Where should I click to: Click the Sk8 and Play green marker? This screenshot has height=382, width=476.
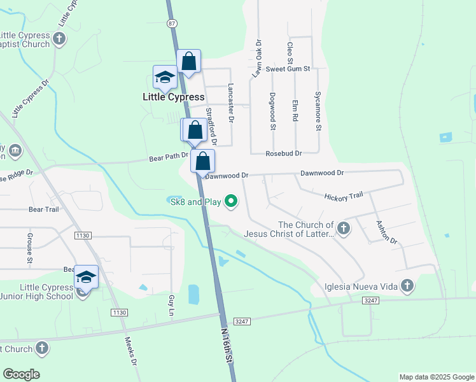(232, 202)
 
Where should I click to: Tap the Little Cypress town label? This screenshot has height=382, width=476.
(173, 97)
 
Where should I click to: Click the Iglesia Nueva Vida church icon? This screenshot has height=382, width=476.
(407, 286)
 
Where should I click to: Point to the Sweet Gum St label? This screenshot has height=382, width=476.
(288, 69)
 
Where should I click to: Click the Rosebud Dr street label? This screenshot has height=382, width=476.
(284, 153)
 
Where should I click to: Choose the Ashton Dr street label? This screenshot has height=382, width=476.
(386, 232)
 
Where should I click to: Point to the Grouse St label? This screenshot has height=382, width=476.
(30, 248)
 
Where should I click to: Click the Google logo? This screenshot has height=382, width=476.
(21, 374)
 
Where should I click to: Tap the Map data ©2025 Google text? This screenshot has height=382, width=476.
(437, 377)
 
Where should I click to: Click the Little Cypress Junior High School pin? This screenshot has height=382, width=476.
(86, 278)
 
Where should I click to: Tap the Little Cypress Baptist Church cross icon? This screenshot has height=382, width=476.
(59, 39)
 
